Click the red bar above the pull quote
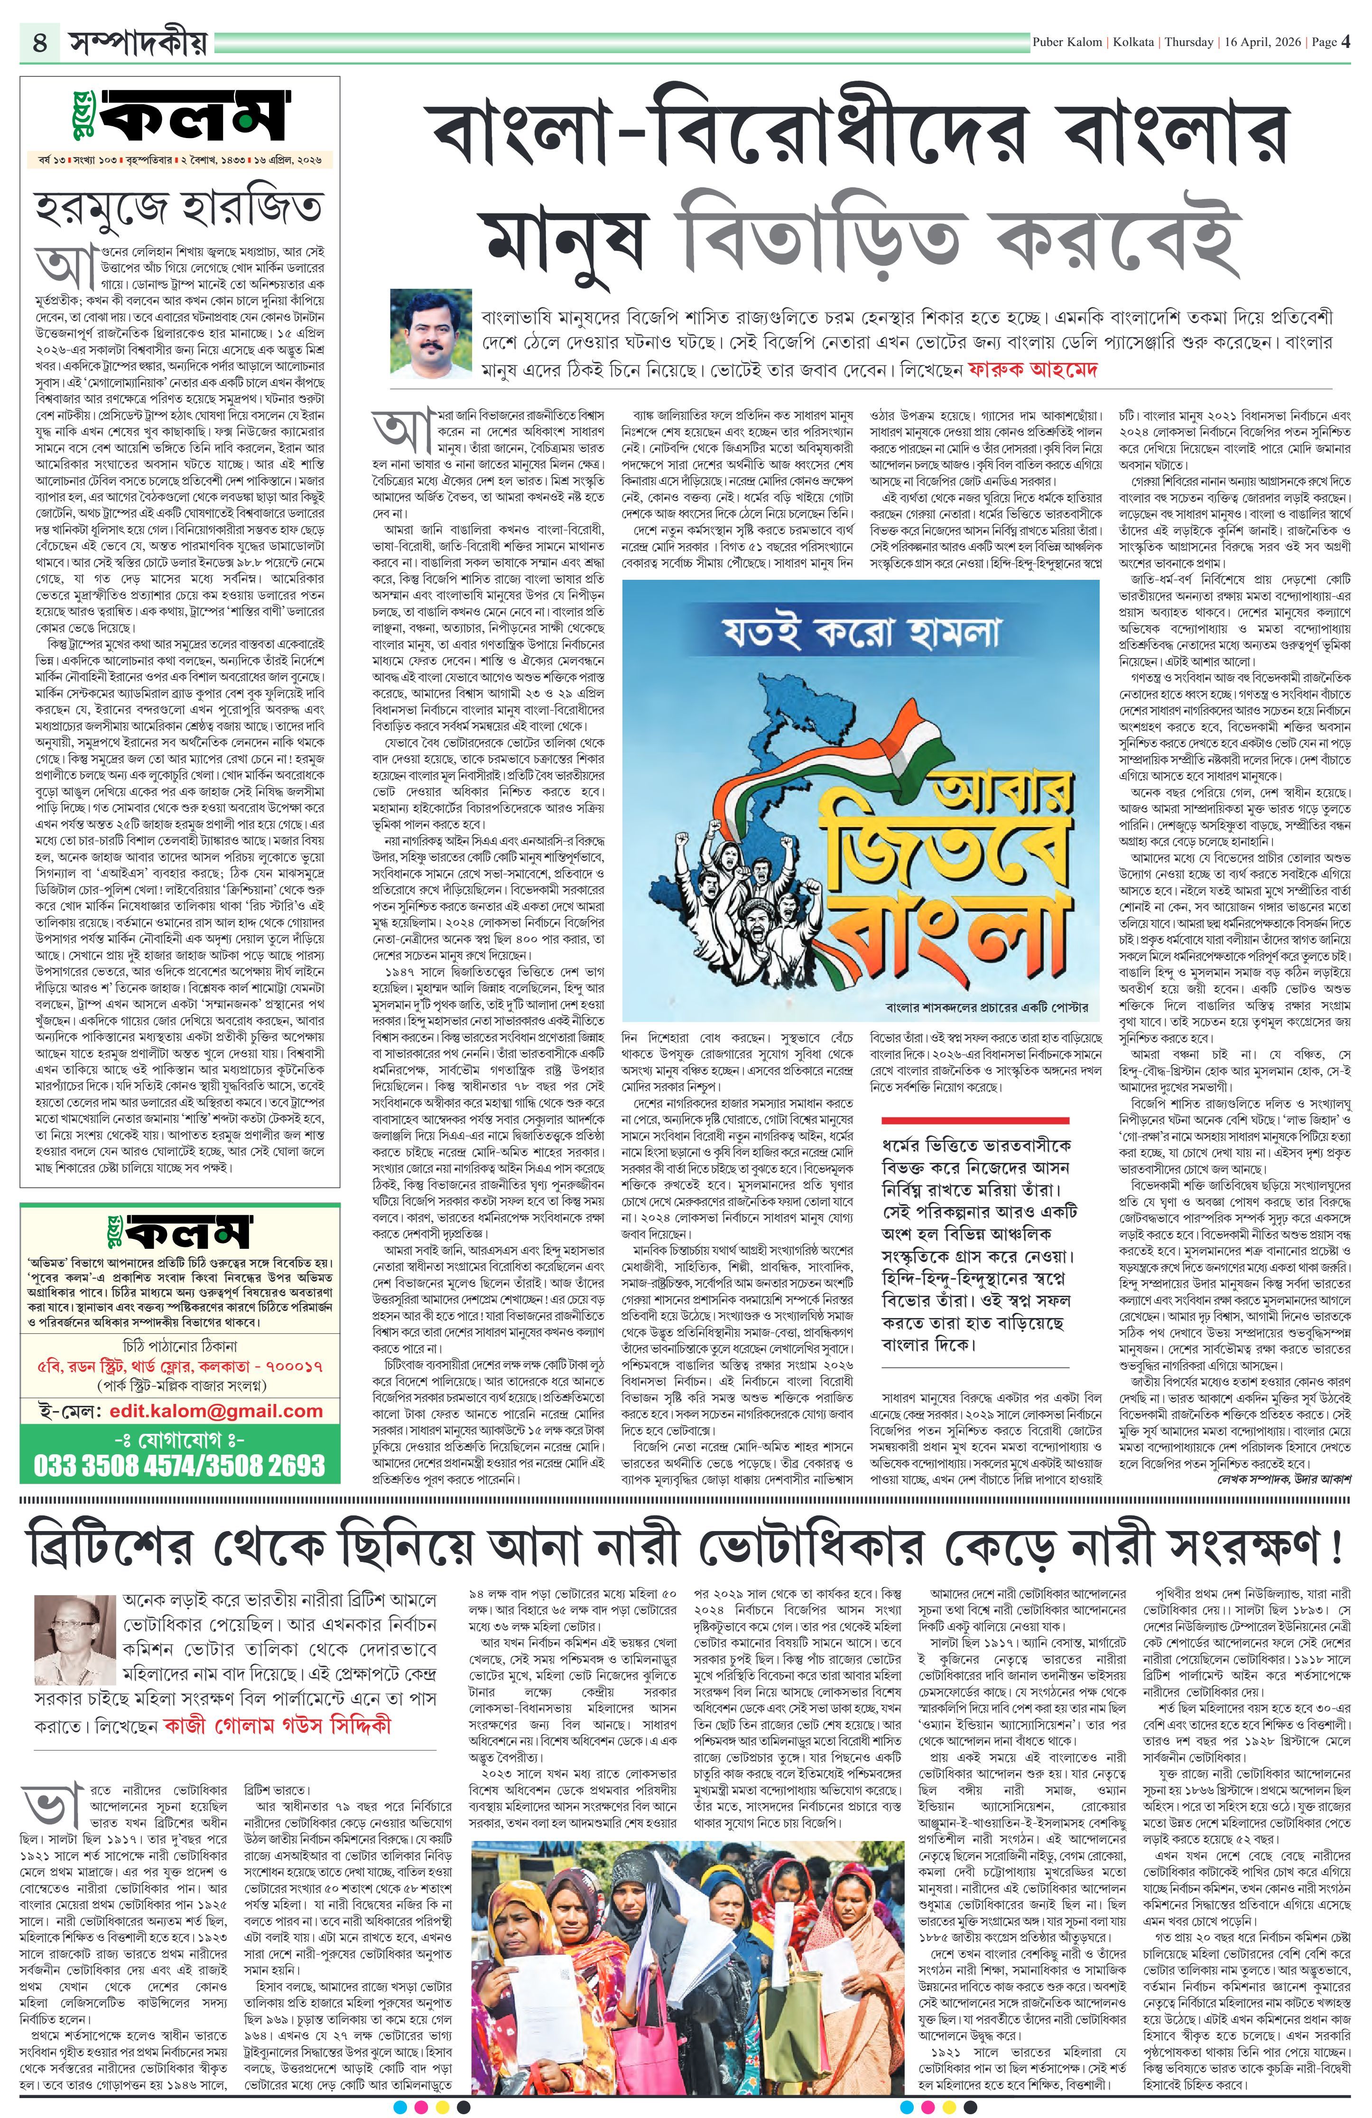974,1120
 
